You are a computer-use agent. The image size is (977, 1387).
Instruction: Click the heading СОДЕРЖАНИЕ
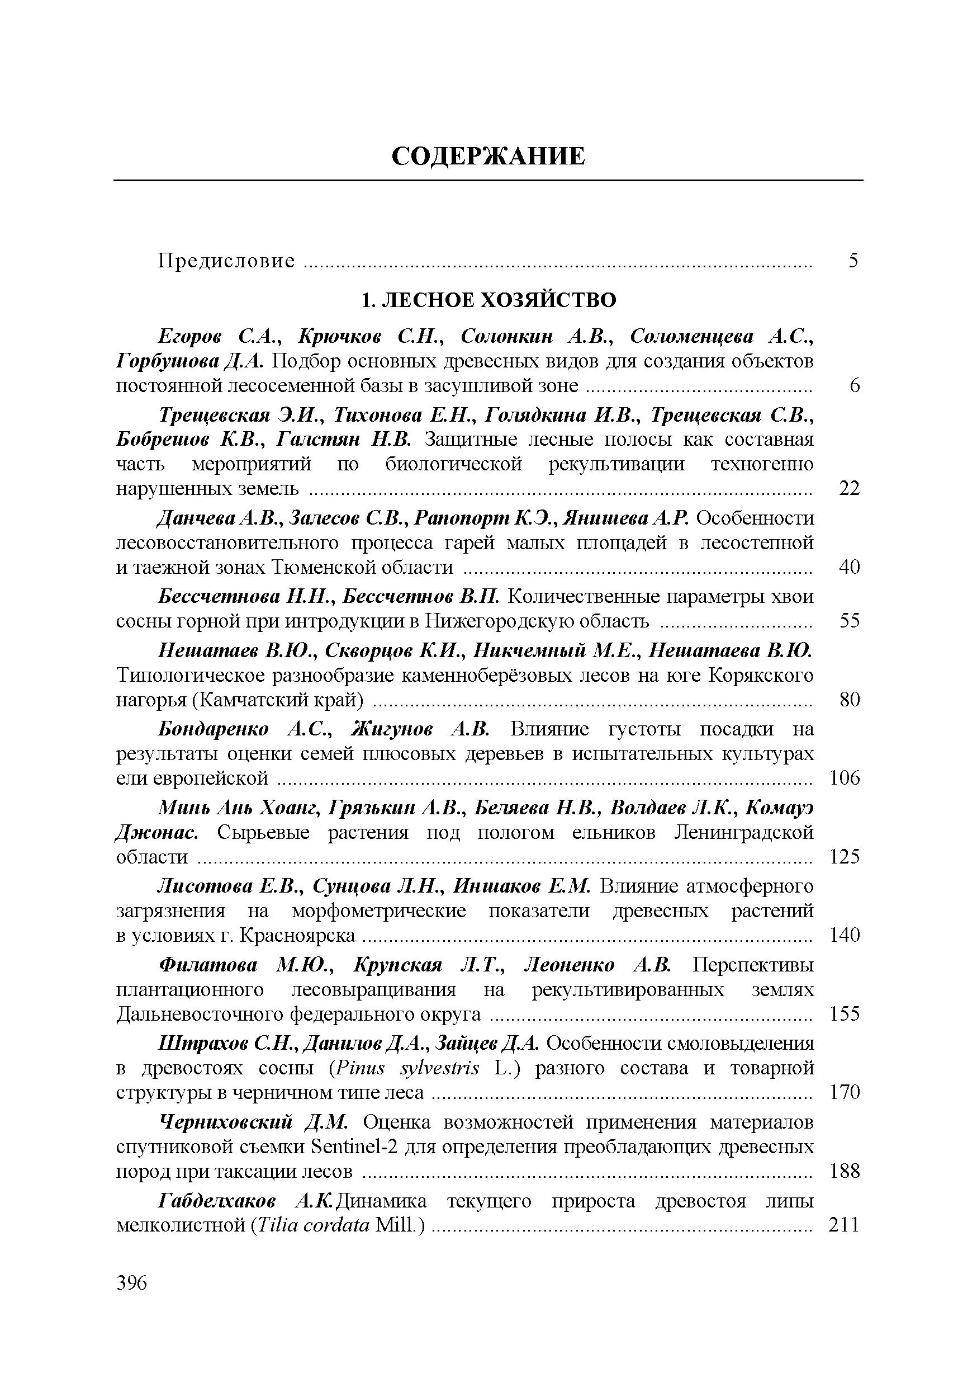tap(488, 157)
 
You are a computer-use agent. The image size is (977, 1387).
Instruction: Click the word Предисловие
tap(226, 261)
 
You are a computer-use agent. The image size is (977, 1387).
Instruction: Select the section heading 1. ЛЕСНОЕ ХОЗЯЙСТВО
tap(488, 300)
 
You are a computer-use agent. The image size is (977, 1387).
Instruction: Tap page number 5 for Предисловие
tap(852, 261)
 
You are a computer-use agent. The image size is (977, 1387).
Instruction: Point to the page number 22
tap(849, 488)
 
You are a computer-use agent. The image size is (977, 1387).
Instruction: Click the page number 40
tap(849, 567)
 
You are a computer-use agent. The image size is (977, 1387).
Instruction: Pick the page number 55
tap(849, 620)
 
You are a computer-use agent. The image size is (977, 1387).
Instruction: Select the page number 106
tap(844, 778)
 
